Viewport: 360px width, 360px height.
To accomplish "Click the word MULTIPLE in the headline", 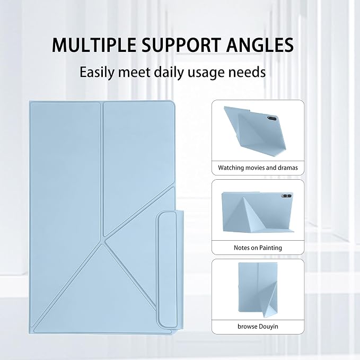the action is (94, 45).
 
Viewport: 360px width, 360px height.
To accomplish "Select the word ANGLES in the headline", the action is (260, 45).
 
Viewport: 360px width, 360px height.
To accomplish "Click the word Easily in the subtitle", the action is (96, 73).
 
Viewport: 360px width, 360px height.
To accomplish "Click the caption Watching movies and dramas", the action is (258, 168).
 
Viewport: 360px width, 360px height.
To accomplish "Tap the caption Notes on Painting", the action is (258, 248).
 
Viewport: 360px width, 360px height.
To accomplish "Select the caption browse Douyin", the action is (258, 327).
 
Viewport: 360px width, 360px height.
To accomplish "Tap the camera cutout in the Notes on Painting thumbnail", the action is (286, 196).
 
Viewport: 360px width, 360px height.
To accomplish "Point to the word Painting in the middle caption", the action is (271, 248).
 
